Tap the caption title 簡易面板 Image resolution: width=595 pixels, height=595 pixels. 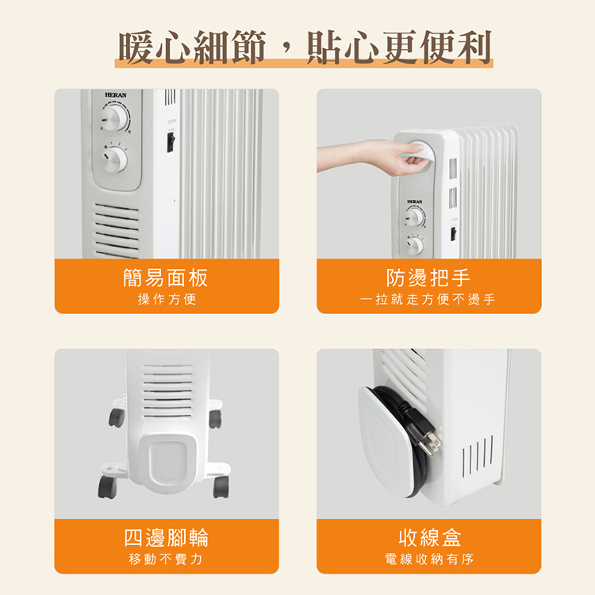[166, 278]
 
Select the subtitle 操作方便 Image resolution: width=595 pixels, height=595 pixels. [166, 299]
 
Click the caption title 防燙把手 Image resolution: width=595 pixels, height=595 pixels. [428, 278]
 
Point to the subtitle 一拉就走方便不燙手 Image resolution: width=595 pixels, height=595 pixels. [428, 299]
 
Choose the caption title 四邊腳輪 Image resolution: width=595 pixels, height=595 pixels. [166, 537]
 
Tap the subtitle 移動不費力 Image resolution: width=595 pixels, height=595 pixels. [166, 559]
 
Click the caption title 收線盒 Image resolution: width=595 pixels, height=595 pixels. [428, 537]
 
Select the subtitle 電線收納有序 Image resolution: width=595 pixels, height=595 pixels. [428, 559]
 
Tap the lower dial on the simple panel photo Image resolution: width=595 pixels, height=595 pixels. [114, 159]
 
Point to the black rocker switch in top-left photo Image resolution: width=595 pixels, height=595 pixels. [169, 142]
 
